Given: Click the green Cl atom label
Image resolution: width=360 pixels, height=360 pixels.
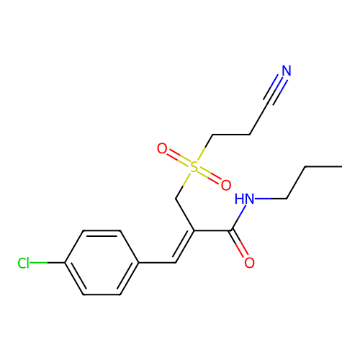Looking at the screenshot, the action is click(24, 263).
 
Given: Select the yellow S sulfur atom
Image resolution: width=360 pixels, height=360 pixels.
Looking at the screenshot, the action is click(194, 167).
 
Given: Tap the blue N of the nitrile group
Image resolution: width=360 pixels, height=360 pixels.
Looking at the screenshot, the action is click(287, 71).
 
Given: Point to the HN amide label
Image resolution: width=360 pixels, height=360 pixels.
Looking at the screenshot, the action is click(244, 199).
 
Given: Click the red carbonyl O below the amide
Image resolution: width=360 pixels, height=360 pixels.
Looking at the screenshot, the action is click(249, 263).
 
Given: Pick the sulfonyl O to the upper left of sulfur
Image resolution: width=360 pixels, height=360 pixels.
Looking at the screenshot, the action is click(162, 148).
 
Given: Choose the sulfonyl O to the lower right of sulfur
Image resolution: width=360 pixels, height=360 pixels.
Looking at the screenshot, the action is click(226, 185).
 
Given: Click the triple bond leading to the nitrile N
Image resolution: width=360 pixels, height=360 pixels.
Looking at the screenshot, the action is click(275, 89).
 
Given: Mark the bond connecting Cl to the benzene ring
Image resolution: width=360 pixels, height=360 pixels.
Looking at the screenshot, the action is click(48, 263).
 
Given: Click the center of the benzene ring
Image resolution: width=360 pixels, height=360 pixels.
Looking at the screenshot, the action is click(102, 263).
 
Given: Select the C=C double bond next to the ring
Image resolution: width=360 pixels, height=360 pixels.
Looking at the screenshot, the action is click(184, 247).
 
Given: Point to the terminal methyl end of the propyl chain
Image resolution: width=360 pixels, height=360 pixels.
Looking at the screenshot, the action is click(342, 166).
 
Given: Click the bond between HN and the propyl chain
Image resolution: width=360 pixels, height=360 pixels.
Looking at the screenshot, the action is click(271, 199).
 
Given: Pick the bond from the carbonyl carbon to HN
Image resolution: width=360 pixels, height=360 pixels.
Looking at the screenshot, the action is click(239, 217).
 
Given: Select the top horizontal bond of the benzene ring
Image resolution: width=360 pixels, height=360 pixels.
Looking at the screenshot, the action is click(102, 231).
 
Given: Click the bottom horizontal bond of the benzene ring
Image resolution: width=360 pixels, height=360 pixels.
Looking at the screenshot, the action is click(102, 294).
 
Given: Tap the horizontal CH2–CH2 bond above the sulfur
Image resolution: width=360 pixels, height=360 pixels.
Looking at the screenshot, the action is click(231, 135).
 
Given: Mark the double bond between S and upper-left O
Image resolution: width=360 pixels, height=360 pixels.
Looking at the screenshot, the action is click(179, 158).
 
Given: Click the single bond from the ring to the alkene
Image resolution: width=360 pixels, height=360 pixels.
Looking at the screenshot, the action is click(157, 263).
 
